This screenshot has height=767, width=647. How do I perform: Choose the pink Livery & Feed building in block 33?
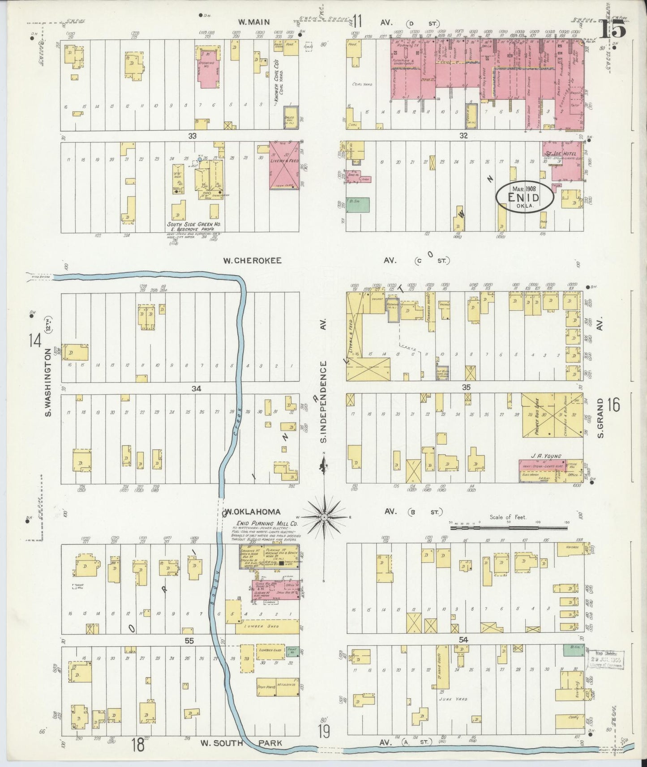click(x=284, y=166)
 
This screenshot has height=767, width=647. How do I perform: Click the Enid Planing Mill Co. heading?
click(x=267, y=523)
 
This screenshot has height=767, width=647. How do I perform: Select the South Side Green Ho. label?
click(x=195, y=224)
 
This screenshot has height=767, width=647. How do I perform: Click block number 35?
click(x=466, y=387)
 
